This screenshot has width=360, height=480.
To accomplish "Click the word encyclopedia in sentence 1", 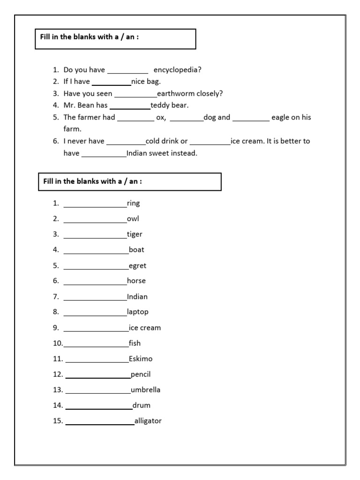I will pos(177,70).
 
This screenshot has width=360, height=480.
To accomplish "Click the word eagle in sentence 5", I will pos(280,117).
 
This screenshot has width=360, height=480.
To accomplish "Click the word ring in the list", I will pos(133,203).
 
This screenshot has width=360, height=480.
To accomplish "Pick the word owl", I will pos(133,218).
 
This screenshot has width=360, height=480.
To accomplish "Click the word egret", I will pos(137,265).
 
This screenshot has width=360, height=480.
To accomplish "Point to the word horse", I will pos(136,281).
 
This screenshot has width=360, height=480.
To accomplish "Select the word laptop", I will pos(137,312).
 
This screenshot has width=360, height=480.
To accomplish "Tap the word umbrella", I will pos(146,390).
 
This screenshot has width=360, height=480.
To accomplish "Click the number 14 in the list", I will pos(58,405).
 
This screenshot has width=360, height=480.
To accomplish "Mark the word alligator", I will pos(148,420).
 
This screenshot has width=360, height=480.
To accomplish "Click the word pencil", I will pos(141,374).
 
